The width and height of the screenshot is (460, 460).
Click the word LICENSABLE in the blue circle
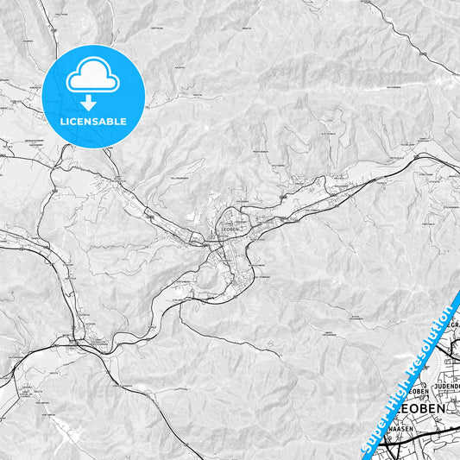point(93,122)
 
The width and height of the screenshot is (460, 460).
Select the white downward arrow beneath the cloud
point(93,103)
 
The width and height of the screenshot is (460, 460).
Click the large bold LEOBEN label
point(420,407)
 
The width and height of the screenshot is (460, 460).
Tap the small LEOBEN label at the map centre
point(230,230)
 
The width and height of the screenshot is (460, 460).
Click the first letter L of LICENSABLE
point(63,122)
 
